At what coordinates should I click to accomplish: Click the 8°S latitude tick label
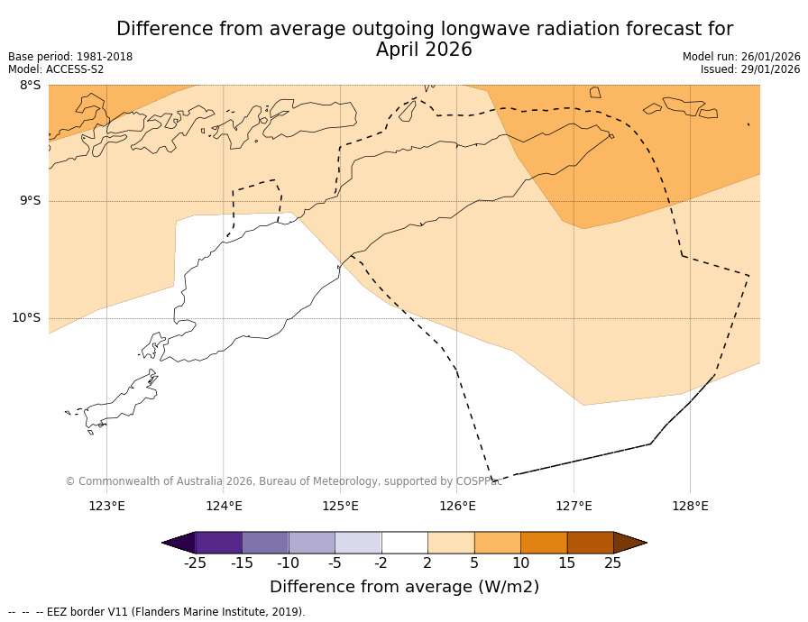click(31, 86)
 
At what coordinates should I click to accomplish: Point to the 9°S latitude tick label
click(31, 201)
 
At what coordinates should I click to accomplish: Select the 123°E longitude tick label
click(106, 506)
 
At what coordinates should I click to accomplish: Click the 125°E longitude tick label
click(340, 506)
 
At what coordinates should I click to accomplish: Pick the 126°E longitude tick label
click(457, 506)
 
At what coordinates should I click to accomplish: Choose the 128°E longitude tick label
click(690, 506)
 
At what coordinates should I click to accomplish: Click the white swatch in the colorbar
click(404, 543)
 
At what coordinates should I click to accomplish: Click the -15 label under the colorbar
click(242, 563)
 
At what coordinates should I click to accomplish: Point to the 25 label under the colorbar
click(612, 563)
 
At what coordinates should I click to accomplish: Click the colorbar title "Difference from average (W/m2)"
click(404, 587)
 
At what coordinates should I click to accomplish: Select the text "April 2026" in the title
click(424, 50)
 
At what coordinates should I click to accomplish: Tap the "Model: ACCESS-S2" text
click(56, 69)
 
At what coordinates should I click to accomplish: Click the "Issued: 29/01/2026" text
click(750, 69)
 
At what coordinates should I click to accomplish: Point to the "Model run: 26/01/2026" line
click(741, 57)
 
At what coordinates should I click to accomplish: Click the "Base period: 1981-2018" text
click(70, 57)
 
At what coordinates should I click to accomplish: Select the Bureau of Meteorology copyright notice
click(284, 481)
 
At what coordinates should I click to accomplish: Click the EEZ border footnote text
click(157, 612)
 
